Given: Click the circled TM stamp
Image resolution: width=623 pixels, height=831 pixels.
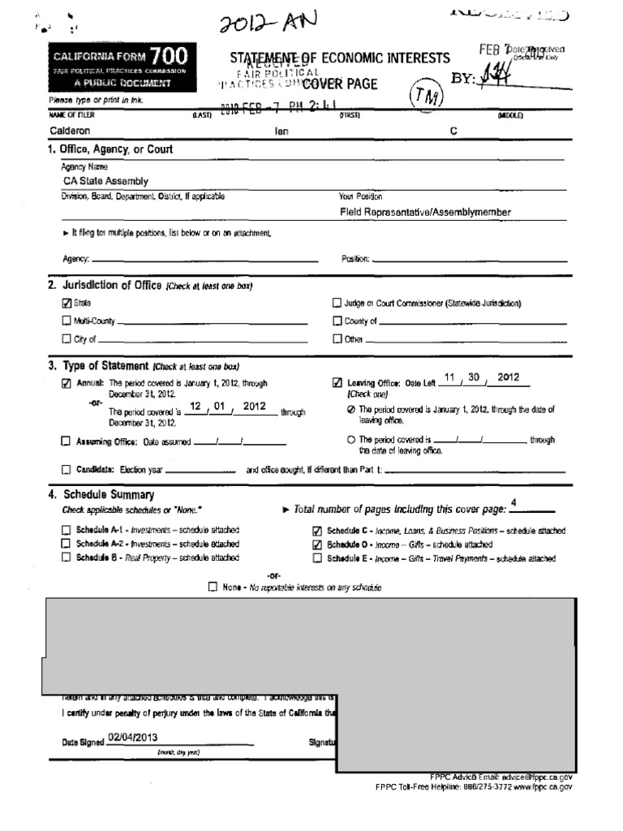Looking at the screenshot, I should click(426, 96).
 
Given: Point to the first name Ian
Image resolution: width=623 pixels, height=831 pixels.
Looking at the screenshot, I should click(281, 131).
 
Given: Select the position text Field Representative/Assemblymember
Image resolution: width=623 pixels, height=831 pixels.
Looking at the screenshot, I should click(425, 212).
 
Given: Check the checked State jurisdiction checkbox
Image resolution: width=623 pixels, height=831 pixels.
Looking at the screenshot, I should click(67, 303).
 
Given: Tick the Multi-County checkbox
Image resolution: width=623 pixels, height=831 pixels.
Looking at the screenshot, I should click(67, 321).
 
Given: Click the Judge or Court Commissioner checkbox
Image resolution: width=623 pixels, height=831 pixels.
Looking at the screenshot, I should click(337, 303).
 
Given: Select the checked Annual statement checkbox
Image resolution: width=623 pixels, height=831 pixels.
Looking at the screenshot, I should click(67, 384).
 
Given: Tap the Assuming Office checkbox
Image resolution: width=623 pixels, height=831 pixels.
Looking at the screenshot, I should click(67, 442).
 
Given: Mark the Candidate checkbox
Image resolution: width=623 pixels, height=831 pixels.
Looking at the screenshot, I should click(67, 470).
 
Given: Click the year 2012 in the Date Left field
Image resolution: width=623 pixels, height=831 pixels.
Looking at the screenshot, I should click(508, 377).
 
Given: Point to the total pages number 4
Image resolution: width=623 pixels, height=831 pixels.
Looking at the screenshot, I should click(513, 503).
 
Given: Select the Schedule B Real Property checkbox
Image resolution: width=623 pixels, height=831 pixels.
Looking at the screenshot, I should click(67, 558).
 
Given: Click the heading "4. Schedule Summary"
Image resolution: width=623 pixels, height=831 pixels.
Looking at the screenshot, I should click(101, 495).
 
